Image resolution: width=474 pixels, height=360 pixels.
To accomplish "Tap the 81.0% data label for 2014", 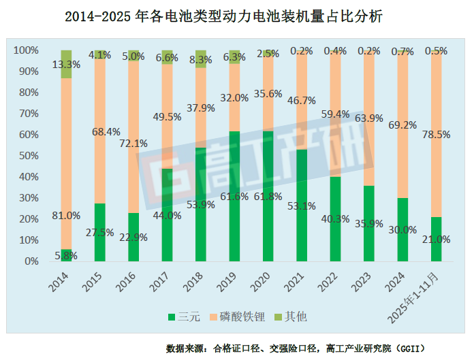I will tap(67, 215).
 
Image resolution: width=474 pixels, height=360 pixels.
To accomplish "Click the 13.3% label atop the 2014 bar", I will tap(67, 65).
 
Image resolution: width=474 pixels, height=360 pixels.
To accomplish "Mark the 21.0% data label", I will tap(437, 240).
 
